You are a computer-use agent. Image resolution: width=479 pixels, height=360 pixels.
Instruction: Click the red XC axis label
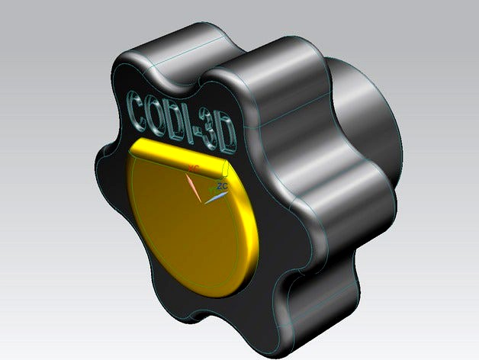click(x=194, y=166)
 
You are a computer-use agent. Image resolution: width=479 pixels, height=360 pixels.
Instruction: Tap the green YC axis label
click(x=213, y=188)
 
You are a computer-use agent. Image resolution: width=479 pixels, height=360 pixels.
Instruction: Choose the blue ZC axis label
click(x=223, y=185)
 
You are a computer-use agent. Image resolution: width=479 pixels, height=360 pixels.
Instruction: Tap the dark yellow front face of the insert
click(x=183, y=229)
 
